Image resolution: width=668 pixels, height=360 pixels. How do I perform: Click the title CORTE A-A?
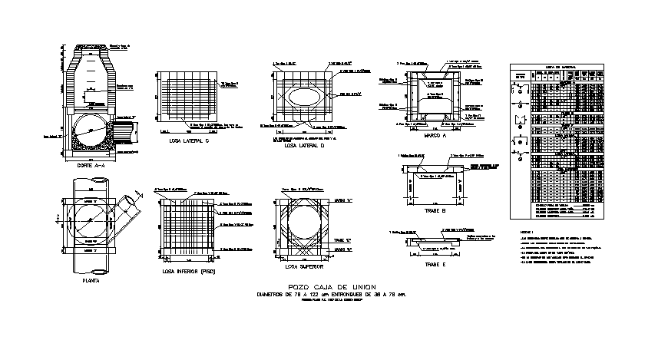[91, 166]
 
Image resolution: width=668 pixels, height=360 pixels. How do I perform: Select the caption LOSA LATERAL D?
[305, 145]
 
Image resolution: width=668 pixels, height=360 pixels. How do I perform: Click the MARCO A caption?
[435, 135]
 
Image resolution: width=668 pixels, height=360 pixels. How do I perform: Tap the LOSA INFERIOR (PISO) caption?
[188, 271]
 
